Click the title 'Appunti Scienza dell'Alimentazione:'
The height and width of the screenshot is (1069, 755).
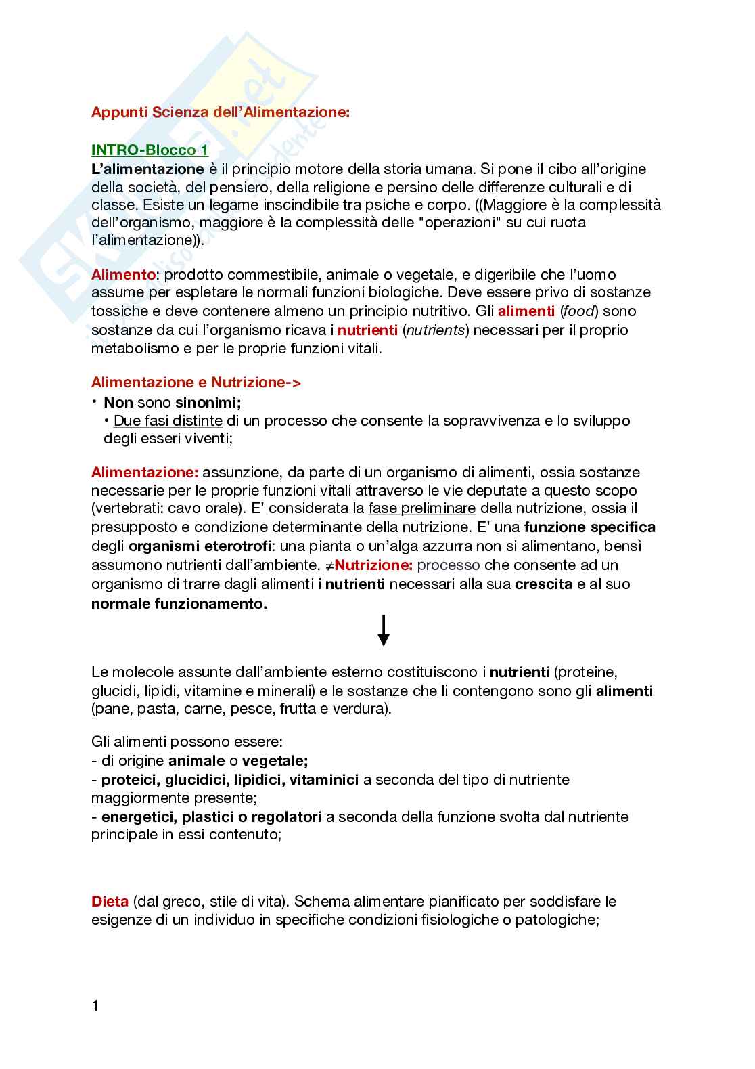point(221,112)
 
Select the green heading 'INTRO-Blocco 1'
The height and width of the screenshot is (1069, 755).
point(150,150)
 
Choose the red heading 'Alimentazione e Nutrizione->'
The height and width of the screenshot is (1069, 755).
point(196,383)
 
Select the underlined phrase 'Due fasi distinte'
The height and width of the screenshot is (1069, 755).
point(168,420)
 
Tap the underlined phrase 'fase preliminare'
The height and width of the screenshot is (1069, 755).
point(422,508)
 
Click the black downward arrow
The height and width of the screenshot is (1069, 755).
point(383,630)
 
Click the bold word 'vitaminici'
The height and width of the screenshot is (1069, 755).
point(324,779)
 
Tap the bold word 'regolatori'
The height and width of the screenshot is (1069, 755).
point(288,816)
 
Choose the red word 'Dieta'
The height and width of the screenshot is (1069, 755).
point(110,902)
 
